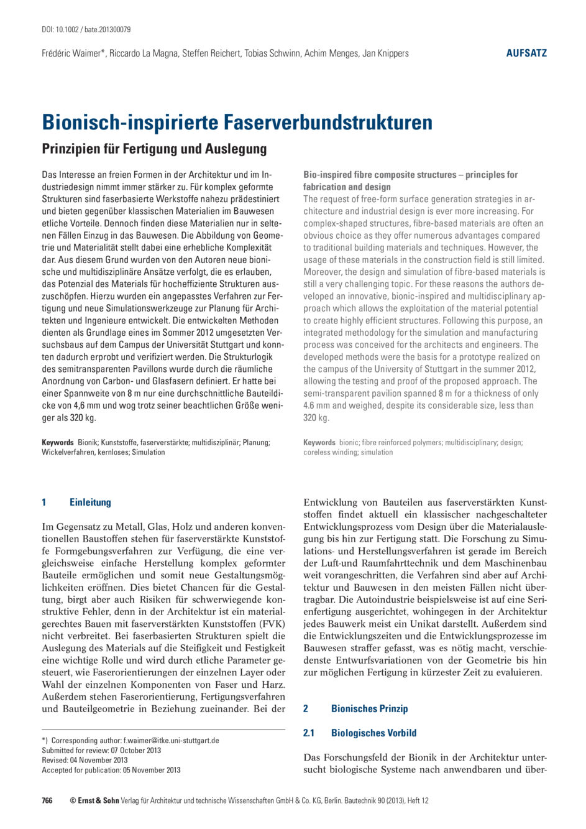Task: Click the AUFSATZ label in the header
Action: (x=526, y=53)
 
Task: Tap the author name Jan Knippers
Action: (x=386, y=53)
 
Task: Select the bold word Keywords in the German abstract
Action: (x=58, y=442)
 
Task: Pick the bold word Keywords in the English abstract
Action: (x=319, y=442)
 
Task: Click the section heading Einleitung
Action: (x=90, y=502)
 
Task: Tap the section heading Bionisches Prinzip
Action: (x=369, y=708)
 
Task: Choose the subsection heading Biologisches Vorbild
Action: (x=373, y=733)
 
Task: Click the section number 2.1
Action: (x=309, y=733)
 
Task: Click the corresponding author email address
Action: (x=171, y=741)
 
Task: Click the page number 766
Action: (x=47, y=800)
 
